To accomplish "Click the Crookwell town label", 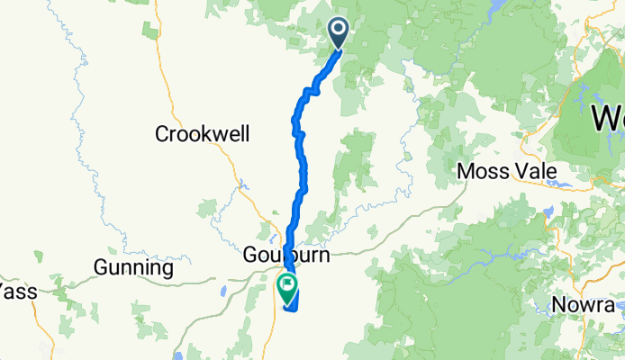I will coord(203,134).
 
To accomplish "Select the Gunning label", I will coord(133,268).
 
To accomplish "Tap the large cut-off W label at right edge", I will coord(610,117).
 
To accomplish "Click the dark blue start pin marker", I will coord(340,33).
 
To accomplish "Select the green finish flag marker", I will coord(288,288).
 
